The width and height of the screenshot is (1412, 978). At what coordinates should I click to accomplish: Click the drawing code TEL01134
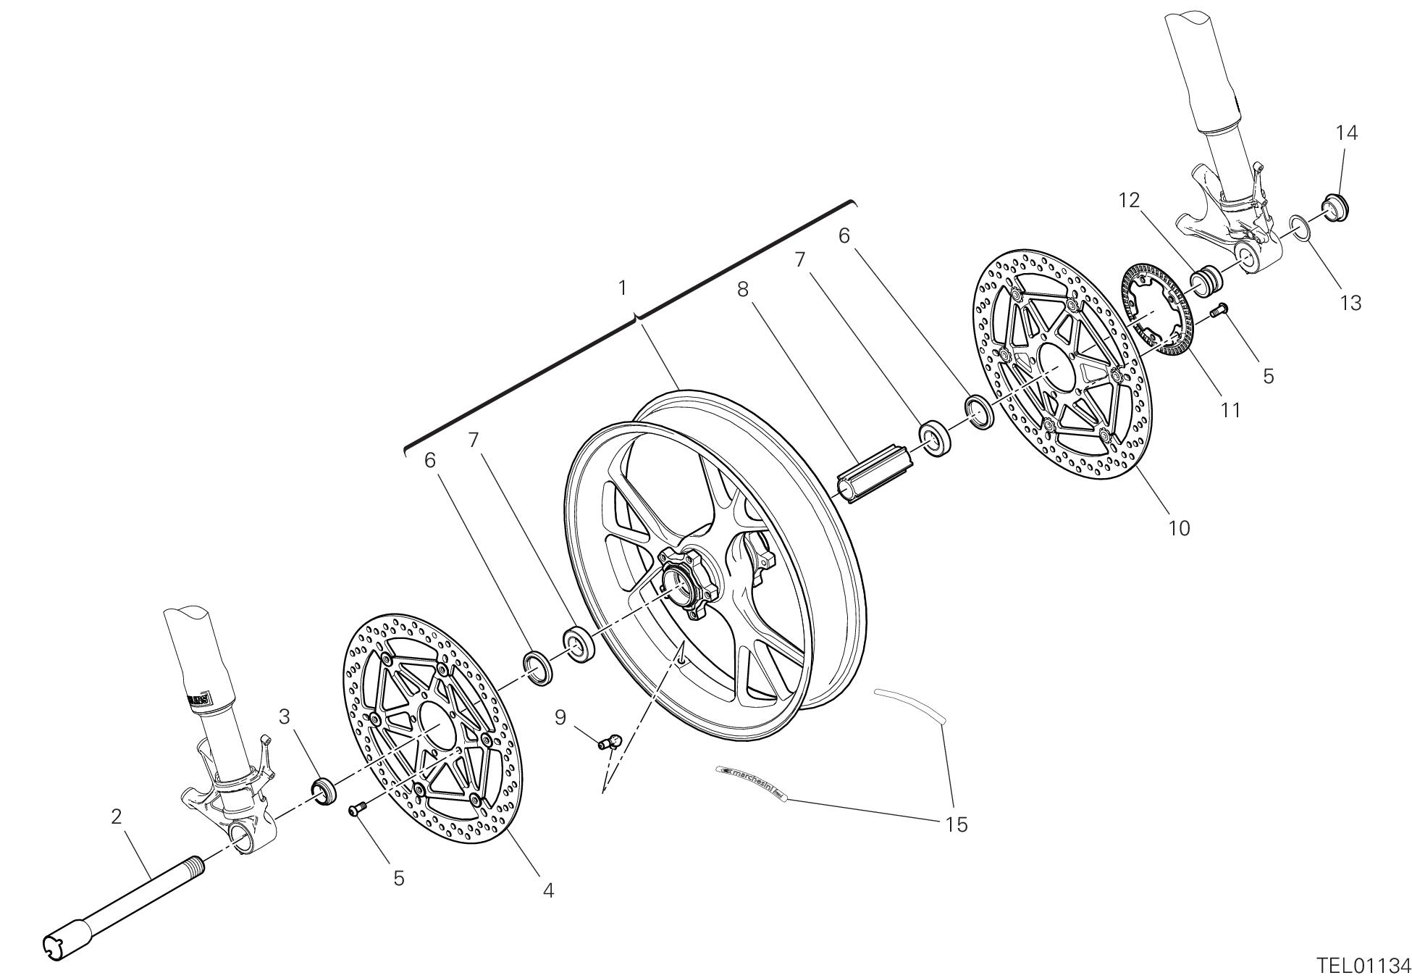[1363, 966]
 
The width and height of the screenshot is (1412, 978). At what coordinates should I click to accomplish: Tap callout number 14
[1347, 133]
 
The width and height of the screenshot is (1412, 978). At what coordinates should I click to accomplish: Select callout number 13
[1350, 302]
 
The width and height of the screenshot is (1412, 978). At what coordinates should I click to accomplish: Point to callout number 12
[1129, 200]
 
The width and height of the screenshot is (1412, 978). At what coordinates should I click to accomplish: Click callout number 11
[1230, 410]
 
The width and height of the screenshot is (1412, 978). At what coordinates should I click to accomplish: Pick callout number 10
[1179, 528]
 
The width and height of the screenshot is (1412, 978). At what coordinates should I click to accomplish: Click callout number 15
[957, 824]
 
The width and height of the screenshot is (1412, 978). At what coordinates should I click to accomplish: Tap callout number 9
[560, 717]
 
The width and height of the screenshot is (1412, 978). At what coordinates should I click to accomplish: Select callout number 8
[743, 289]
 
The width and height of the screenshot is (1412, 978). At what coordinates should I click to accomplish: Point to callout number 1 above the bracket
[622, 288]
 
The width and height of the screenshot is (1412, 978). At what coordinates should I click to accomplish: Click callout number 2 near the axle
[117, 816]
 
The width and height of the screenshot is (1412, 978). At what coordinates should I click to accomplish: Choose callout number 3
[285, 717]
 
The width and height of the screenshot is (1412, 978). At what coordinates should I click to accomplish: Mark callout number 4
[548, 890]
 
